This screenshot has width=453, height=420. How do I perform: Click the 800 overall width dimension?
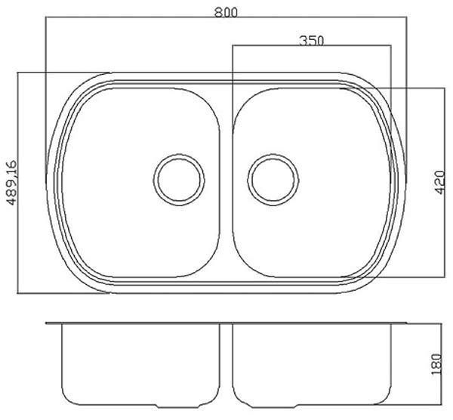226,12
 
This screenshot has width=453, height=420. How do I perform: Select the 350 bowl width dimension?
311,41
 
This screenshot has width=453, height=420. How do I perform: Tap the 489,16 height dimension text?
12,183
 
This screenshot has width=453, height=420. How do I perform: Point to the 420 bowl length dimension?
440,182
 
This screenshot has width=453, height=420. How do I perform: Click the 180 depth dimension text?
436,364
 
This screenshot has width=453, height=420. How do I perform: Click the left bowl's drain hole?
179,180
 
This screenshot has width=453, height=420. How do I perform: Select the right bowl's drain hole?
273,180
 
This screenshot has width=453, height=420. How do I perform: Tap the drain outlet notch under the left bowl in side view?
177,406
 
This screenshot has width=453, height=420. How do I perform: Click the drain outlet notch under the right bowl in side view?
273,406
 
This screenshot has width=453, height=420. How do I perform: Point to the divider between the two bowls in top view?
226,182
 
